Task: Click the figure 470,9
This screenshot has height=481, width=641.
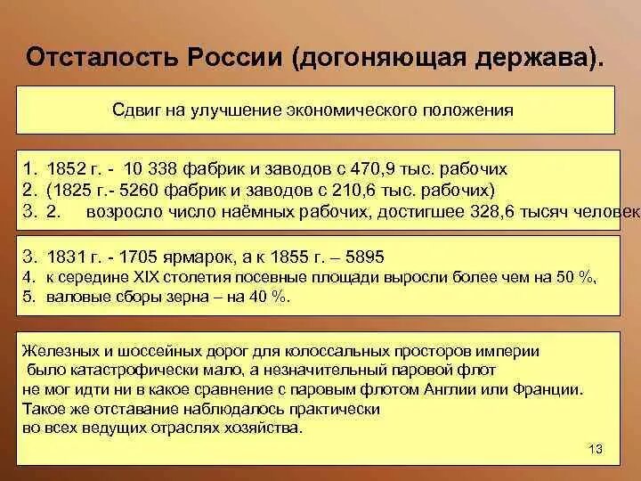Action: coord(410,169)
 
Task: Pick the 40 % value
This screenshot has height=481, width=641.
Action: coord(269,297)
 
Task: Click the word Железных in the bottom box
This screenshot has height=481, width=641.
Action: coord(59,352)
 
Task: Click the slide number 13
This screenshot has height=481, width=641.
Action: coord(596,448)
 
